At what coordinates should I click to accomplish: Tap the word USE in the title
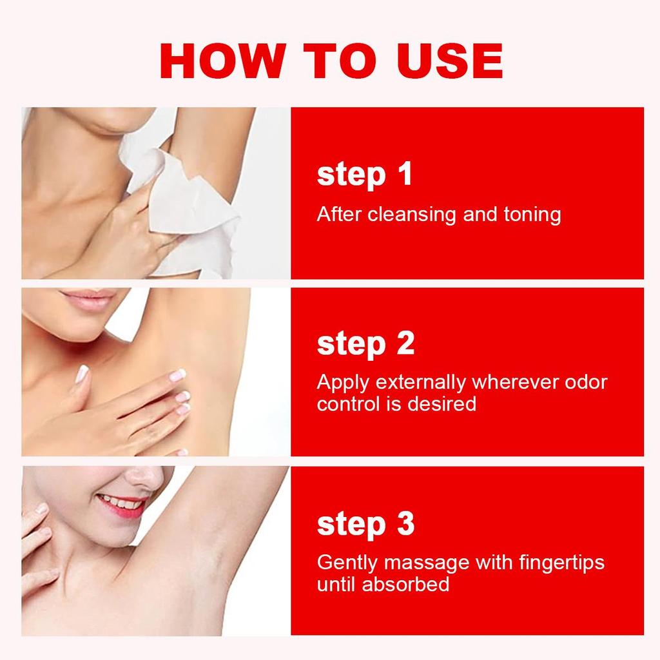449,61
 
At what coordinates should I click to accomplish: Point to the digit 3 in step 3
405,523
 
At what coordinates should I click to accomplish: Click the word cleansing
412,214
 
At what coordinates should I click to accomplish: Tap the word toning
532,215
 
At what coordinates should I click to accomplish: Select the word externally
420,382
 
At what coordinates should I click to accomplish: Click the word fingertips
561,563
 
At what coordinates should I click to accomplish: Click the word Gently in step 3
347,563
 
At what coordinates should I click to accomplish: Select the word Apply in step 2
343,383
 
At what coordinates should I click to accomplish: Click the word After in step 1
339,214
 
